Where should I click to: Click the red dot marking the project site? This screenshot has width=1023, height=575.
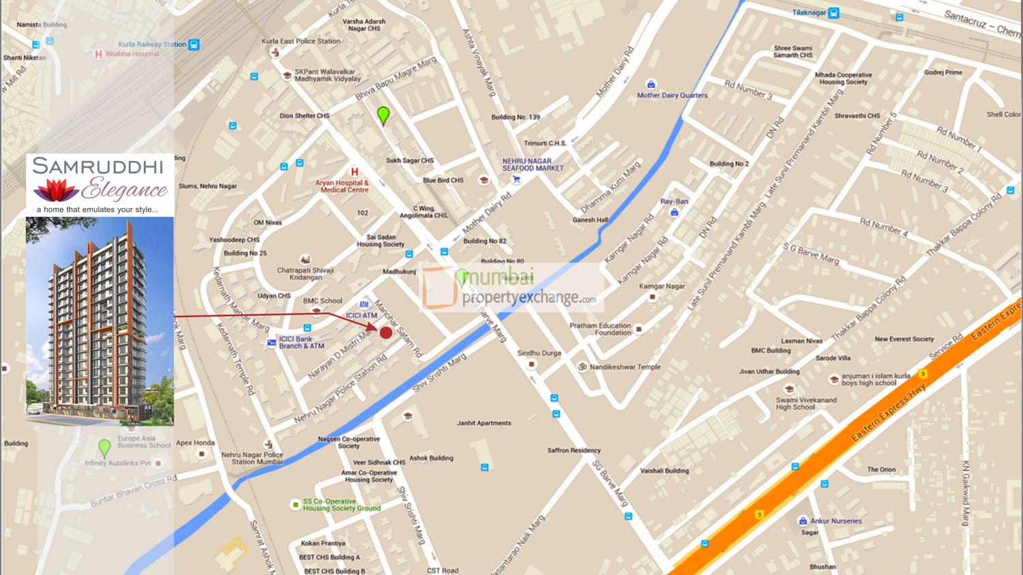click(x=386, y=333)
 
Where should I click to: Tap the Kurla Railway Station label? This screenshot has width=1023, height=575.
click(x=152, y=44)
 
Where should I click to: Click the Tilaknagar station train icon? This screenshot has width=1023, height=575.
click(x=834, y=13)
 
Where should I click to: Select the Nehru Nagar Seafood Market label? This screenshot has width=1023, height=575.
click(x=533, y=164)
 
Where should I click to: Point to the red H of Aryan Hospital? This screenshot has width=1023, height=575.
click(x=354, y=172)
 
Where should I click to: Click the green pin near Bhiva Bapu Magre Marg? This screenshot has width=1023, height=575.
click(x=383, y=115)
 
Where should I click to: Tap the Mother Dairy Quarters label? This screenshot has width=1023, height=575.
click(x=672, y=95)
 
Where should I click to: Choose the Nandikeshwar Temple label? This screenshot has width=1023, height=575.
click(x=625, y=367)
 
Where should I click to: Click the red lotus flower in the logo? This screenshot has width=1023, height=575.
click(x=57, y=190)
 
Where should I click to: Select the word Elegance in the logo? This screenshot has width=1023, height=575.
click(x=125, y=189)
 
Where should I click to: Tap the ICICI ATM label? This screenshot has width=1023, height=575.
click(x=361, y=315)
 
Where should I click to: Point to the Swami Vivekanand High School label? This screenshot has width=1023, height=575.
click(x=805, y=404)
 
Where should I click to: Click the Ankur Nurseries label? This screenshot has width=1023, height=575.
click(x=835, y=521)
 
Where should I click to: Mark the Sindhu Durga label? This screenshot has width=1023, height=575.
click(x=539, y=353)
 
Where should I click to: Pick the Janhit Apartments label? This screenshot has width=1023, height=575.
click(x=484, y=424)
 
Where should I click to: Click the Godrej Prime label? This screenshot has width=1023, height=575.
click(x=943, y=72)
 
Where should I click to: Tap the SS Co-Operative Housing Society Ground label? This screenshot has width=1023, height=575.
click(x=341, y=505)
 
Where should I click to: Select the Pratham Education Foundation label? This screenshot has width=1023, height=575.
click(x=600, y=329)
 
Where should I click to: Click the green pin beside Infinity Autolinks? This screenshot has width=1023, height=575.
click(x=104, y=447)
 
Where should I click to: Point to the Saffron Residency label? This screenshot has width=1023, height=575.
click(x=574, y=451)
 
